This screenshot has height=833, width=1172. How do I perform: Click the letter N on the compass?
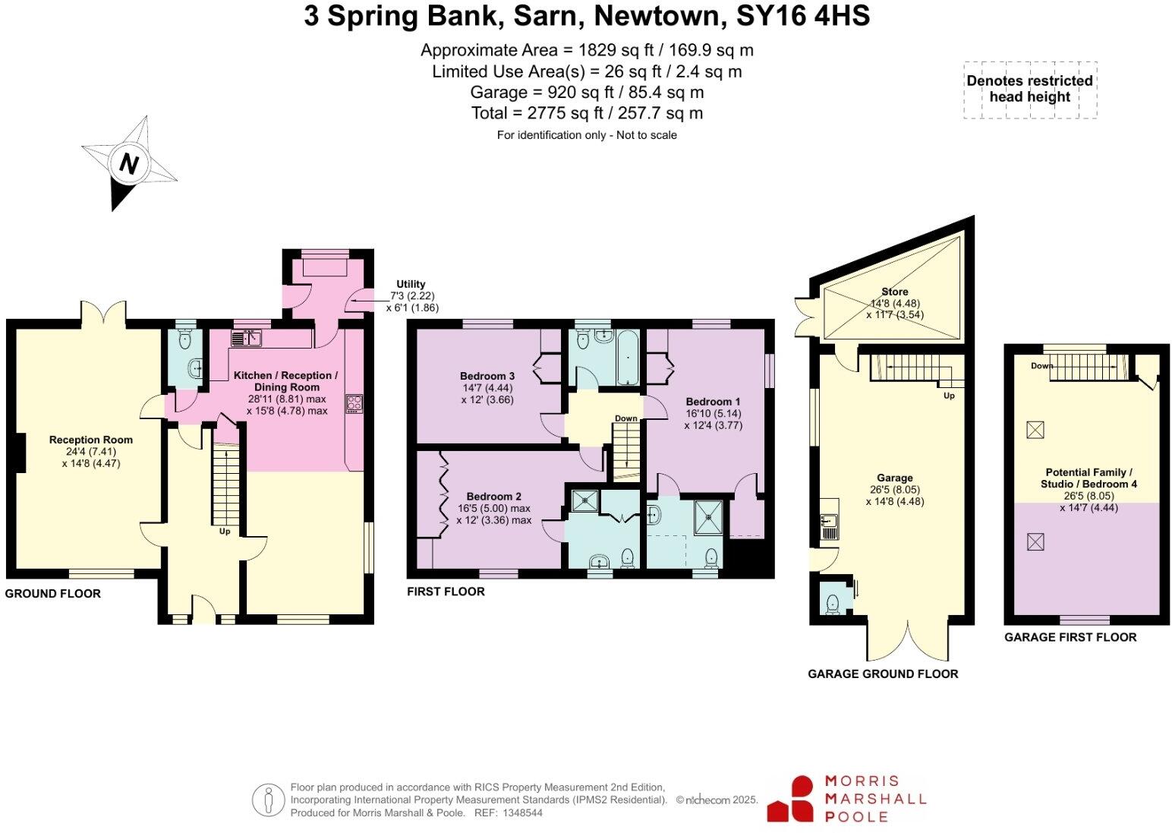[x=129, y=164]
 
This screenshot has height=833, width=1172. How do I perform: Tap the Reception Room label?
[x=90, y=440]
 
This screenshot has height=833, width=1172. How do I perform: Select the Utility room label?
[x=411, y=284]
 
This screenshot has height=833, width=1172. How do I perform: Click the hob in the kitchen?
[x=354, y=403]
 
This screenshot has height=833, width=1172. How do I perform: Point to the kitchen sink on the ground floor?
[x=246, y=339]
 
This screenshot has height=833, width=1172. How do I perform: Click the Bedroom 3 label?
[x=487, y=376]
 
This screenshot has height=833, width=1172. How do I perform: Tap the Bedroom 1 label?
[x=713, y=402]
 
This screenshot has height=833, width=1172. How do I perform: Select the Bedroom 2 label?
[x=493, y=497]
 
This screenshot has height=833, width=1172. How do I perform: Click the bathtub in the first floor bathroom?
[x=628, y=355]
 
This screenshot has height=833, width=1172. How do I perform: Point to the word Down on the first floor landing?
[x=625, y=418]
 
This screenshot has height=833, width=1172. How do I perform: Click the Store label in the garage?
[x=894, y=292]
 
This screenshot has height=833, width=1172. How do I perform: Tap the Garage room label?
[x=894, y=478]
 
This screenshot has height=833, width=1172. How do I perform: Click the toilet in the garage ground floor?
[x=832, y=603]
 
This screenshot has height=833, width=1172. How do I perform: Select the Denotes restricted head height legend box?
[x=1029, y=90]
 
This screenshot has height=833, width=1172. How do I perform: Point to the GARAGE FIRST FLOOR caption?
[x=1070, y=637]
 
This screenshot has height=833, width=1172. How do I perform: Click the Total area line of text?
[x=587, y=113]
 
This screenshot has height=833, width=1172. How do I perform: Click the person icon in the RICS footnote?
[x=268, y=800]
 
